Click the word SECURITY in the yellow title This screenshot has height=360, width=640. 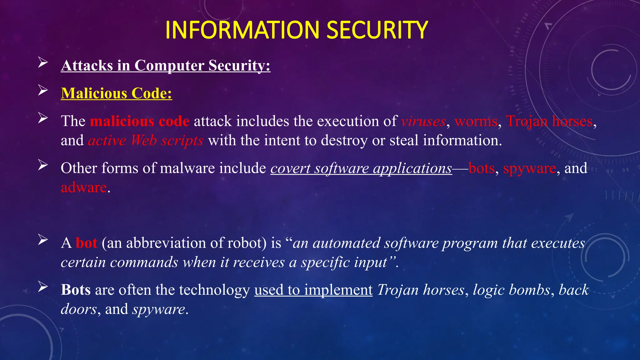pyautogui.click(x=377, y=30)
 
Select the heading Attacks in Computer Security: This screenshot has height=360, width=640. pyautogui.click(x=166, y=66)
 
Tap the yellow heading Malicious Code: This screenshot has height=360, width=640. pyautogui.click(x=117, y=93)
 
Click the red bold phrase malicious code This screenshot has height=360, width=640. pyautogui.click(x=140, y=121)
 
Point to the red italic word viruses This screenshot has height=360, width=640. pyautogui.click(x=423, y=121)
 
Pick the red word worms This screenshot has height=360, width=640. pyautogui.click(x=476, y=121)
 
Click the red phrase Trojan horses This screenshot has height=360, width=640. pyautogui.click(x=549, y=121)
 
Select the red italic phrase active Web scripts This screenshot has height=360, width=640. pyautogui.click(x=146, y=141)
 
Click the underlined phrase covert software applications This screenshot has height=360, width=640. pyautogui.click(x=361, y=168)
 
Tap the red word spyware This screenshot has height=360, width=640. pyautogui.click(x=530, y=168)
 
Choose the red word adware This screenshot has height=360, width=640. pyautogui.click(x=84, y=187)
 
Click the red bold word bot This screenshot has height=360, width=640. pyautogui.click(x=87, y=243)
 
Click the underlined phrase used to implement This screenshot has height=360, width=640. pyautogui.click(x=313, y=290)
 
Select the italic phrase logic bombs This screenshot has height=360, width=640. pyautogui.click(x=512, y=290)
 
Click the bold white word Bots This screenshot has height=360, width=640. pyautogui.click(x=76, y=290)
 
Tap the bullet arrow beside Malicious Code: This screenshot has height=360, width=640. pyautogui.click(x=43, y=90)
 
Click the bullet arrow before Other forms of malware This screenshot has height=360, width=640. pyautogui.click(x=43, y=165)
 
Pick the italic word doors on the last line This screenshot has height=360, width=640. pyautogui.click(x=79, y=309)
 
